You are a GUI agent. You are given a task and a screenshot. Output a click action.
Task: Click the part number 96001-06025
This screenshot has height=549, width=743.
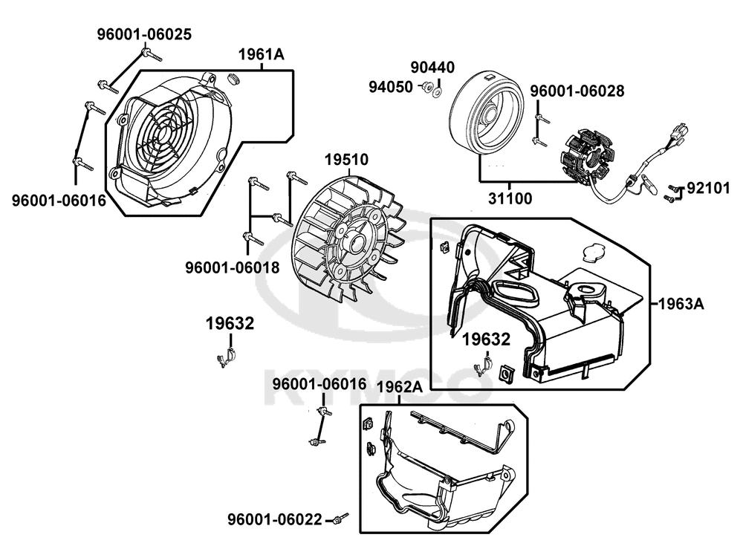coord(145,35)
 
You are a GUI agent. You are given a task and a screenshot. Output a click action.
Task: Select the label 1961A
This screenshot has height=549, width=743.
coord(261,55)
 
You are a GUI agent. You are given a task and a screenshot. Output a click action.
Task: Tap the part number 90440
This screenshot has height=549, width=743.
coord(432,68)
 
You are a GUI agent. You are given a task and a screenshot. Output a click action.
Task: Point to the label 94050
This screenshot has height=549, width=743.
coord(391,87)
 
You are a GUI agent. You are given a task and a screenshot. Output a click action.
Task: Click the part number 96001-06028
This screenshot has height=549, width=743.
coord(577,91)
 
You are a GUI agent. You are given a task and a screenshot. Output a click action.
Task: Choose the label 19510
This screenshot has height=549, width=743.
coord(346,160)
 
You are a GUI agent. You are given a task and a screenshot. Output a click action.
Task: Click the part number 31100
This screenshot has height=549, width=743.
coord(510,198)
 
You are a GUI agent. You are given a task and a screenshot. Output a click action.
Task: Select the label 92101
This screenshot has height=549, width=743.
coord(708,189)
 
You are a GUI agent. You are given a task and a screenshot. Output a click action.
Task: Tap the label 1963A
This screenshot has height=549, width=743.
coord(681,304)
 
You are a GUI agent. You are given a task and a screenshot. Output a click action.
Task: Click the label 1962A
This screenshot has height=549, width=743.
coord(400,387)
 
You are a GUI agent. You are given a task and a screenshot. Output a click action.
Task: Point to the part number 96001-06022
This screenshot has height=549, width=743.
coord(275,519)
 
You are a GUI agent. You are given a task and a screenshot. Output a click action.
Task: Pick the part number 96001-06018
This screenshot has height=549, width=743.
coord(232,268)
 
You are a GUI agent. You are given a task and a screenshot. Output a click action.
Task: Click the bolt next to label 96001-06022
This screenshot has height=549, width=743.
coord(341,519)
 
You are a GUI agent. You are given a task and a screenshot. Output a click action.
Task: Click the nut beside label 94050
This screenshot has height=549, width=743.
coord(427,87)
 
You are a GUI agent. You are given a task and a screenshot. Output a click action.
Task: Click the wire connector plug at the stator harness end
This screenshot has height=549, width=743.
coord(678,130)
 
